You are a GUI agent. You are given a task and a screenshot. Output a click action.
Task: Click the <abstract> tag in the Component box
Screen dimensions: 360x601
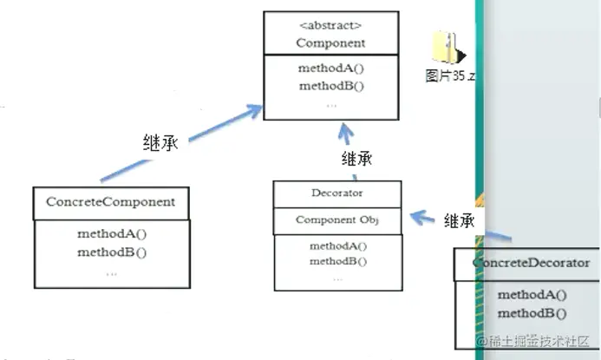pyautogui.click(x=331, y=25)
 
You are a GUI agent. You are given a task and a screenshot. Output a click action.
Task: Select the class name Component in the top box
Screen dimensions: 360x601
pyautogui.click(x=330, y=43)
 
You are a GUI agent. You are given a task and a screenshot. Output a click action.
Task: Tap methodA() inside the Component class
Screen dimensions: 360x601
pyautogui.click(x=331, y=70)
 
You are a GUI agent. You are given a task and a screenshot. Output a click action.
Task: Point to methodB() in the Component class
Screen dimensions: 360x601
pyautogui.click(x=331, y=86)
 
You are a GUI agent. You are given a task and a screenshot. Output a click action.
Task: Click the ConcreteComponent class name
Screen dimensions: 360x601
pyautogui.click(x=110, y=202)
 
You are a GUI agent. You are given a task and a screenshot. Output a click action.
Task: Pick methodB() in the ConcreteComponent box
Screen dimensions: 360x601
pyautogui.click(x=111, y=252)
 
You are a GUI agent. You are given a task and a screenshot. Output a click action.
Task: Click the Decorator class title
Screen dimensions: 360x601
pyautogui.click(x=336, y=193)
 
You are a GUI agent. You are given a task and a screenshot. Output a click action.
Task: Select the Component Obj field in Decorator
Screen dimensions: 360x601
pyautogui.click(x=336, y=220)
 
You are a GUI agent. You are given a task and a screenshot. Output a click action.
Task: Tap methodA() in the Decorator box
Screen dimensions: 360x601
pyautogui.click(x=336, y=246)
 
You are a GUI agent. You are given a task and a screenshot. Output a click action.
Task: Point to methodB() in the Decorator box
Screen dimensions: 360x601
pyautogui.click(x=336, y=261)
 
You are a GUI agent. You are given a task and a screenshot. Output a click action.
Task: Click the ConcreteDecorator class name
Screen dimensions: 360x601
pyautogui.click(x=532, y=262)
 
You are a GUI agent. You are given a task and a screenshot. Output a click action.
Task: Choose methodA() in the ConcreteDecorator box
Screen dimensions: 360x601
pyautogui.click(x=532, y=295)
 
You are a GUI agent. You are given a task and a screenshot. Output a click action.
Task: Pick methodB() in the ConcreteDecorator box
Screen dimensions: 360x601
pyautogui.click(x=532, y=313)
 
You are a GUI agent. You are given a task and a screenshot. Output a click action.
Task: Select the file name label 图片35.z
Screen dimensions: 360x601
pyautogui.click(x=450, y=76)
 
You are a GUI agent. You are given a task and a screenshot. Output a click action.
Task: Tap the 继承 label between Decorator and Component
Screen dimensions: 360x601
pyautogui.click(x=356, y=159)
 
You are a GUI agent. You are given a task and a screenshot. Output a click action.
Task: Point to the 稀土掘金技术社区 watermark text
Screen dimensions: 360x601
pyautogui.click(x=537, y=344)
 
